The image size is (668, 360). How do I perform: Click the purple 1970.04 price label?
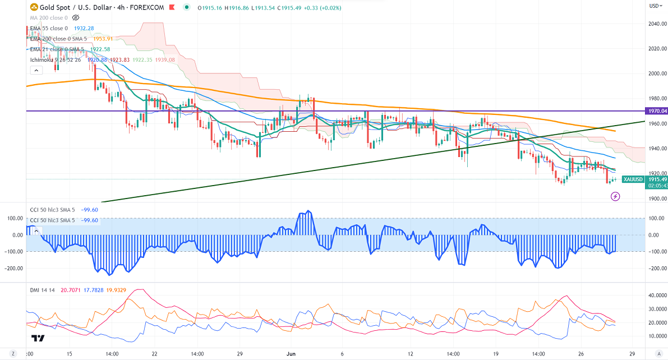click(657, 111)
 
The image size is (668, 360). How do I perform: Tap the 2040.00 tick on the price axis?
click(657, 24)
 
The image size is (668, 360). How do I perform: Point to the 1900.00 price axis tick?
click(657, 198)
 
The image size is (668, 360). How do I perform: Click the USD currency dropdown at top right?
click(656, 6)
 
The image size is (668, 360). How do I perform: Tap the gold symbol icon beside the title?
click(35, 8)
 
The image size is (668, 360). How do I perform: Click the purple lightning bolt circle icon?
click(615, 196)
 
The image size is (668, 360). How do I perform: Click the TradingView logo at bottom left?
click(38, 338)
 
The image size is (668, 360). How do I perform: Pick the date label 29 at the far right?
click(632, 354)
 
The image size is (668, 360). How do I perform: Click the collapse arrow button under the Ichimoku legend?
click(36, 71)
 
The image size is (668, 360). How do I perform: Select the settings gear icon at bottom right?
click(657, 354)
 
